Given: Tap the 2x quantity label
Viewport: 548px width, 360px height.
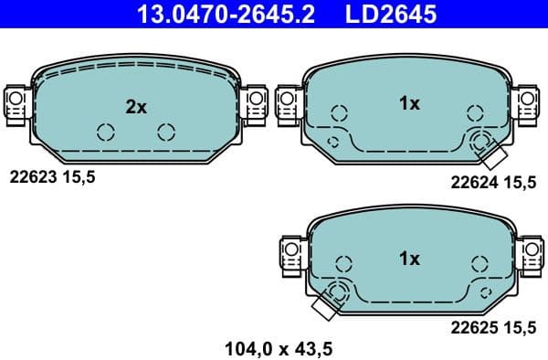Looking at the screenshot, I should click(x=136, y=107).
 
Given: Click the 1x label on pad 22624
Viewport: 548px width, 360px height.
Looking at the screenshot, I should click(x=409, y=104).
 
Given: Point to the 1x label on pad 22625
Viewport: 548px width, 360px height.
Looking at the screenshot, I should click(x=409, y=259).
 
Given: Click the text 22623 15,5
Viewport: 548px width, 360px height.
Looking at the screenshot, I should click(x=52, y=179).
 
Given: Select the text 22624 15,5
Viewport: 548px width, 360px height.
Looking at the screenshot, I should click(x=493, y=183).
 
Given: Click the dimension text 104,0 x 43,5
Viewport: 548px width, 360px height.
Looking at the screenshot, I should click(x=278, y=347).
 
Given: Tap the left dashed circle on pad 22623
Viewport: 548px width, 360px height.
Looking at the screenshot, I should click(x=105, y=132).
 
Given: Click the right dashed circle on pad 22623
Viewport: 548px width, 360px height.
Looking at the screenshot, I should click(x=165, y=132).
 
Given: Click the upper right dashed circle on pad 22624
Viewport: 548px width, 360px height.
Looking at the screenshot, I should click(x=474, y=113).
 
